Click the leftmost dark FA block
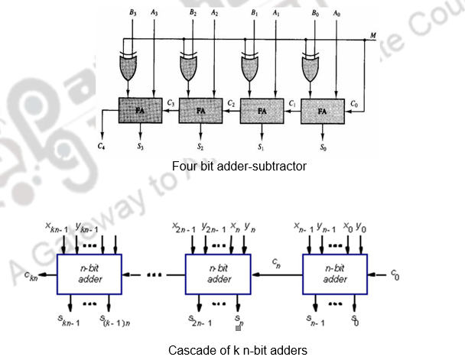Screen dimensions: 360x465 (x=141, y=111)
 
